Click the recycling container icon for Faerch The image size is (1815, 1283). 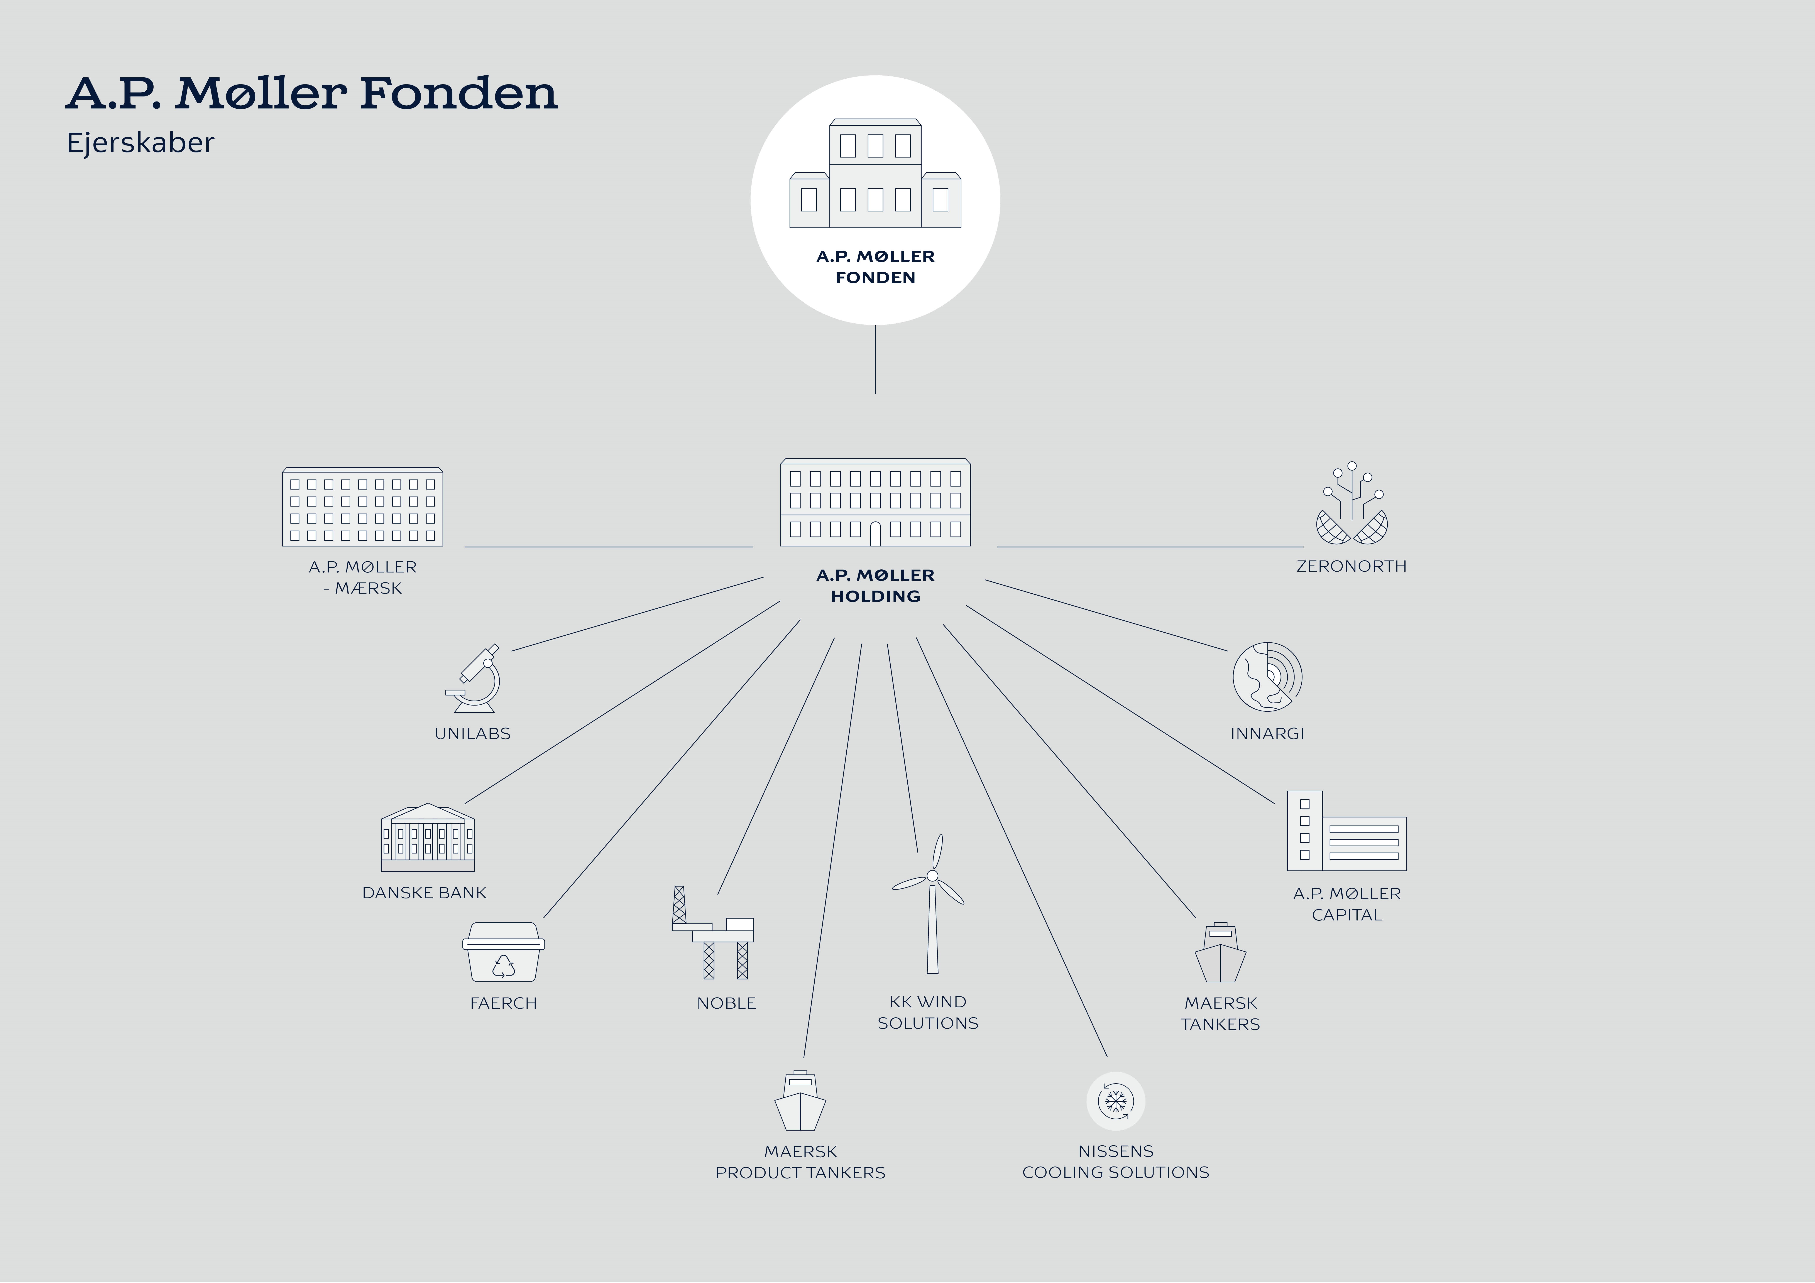[504, 953]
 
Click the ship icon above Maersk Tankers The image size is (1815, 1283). [1221, 953]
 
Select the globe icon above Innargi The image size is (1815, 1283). [1267, 677]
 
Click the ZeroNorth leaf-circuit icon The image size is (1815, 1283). [1352, 504]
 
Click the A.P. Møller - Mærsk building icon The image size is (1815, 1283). [363, 507]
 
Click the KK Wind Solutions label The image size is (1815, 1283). [928, 1013]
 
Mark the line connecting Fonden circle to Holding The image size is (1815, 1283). [875, 360]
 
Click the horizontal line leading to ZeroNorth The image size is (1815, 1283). [1150, 546]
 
